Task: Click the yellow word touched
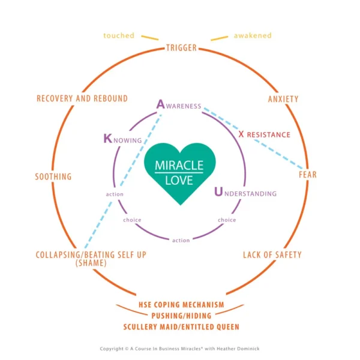pos(119,36)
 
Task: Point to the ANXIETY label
pos(283,99)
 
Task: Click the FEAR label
pos(308,175)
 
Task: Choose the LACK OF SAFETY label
pos(272,255)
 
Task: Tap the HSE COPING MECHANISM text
pos(181,305)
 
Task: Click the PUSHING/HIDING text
pos(181,316)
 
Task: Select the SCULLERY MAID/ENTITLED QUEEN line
pos(181,327)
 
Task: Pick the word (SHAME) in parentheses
pos(91,263)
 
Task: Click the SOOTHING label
pos(53,177)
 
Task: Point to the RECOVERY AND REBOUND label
pos(82,98)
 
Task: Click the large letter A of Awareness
pos(161,104)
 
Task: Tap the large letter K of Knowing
pos(107,139)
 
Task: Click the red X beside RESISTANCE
pos(241,134)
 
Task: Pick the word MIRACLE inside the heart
pos(179,165)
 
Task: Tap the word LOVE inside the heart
pos(179,179)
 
